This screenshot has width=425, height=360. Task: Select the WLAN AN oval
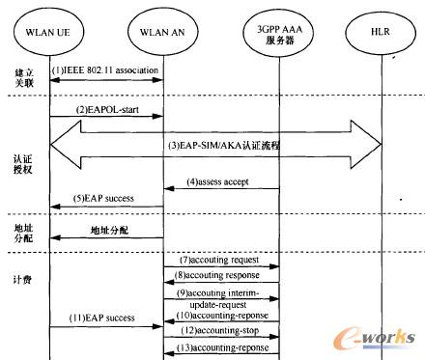coord(161,33)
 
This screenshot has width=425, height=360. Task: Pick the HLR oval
coord(382,33)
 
